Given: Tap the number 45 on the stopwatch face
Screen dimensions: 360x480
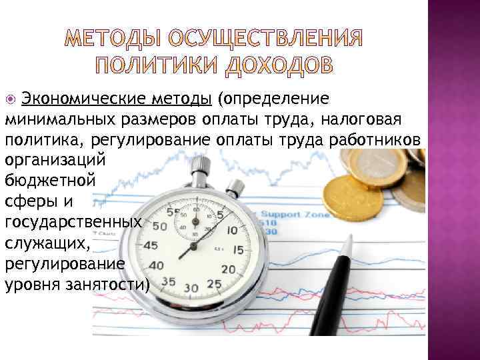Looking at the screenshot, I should (x=151, y=245).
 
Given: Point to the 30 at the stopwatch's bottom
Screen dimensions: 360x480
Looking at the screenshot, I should (x=192, y=288).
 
